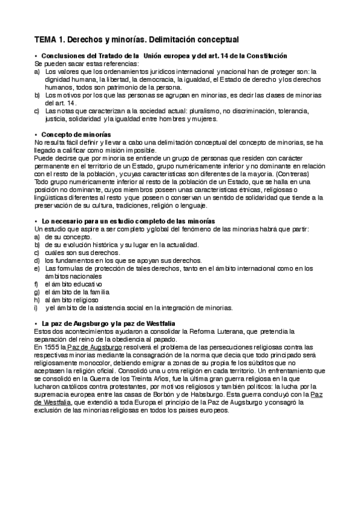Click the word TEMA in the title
point(46,39)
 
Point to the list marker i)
point(36,307)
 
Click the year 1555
point(52,347)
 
